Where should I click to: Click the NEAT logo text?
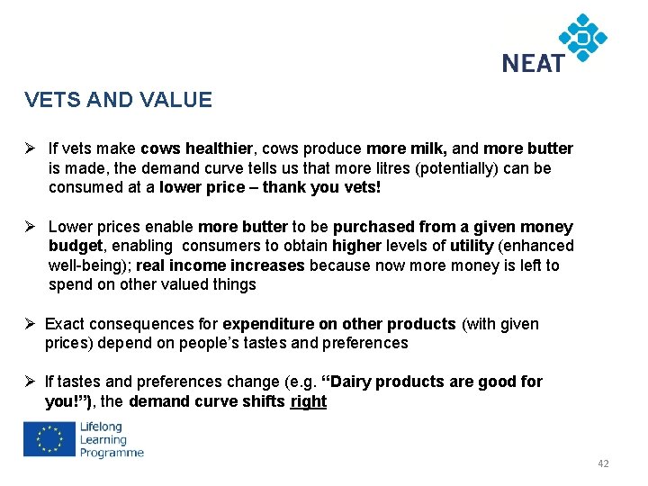533,62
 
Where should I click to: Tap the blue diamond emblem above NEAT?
582,37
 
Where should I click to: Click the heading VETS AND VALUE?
119,100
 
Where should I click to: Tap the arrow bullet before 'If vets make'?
31,148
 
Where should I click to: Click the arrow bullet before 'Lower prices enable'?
31,227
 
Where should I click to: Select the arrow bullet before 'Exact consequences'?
31,324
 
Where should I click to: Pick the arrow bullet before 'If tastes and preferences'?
31,382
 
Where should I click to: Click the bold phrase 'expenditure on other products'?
339,324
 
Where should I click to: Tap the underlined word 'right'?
309,401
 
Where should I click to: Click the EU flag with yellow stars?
50,439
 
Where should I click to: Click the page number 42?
603,463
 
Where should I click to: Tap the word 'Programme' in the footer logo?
112,453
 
